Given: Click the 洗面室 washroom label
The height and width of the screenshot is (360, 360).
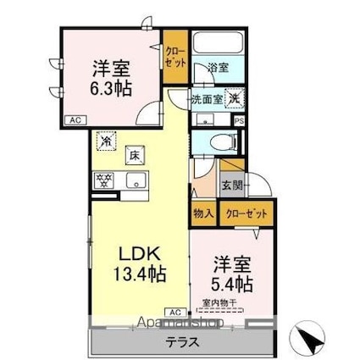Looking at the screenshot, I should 206,97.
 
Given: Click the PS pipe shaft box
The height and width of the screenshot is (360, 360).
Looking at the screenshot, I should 240,121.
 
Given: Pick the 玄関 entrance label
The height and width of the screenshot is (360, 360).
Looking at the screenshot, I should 231,184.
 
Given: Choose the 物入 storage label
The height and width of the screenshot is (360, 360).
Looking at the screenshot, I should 202,214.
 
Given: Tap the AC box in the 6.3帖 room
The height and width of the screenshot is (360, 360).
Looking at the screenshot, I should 75,120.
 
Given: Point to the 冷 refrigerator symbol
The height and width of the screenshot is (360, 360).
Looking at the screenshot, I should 107,140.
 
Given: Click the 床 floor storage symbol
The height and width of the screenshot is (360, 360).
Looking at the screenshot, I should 134,155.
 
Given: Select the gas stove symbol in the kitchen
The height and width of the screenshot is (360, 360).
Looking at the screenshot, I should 105,180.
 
